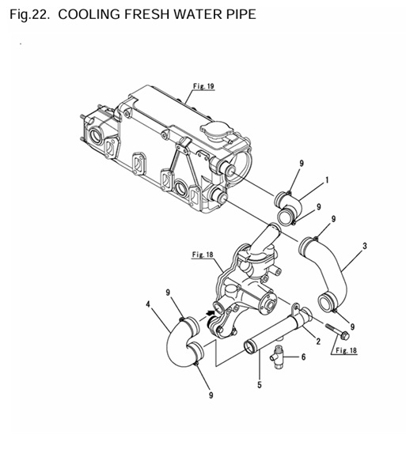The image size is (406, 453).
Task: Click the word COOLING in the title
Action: coord(89,14)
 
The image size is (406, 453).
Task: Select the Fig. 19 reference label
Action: coord(203,86)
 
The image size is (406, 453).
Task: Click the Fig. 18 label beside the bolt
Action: coord(347,350)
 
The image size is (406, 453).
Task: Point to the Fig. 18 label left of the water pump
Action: coord(203,255)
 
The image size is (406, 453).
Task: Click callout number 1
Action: coord(327,180)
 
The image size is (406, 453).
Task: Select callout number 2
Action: coord(318,342)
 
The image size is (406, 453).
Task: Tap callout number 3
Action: coord(365,246)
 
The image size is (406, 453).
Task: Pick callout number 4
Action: coord(148,304)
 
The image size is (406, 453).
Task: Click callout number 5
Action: coord(260,385)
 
